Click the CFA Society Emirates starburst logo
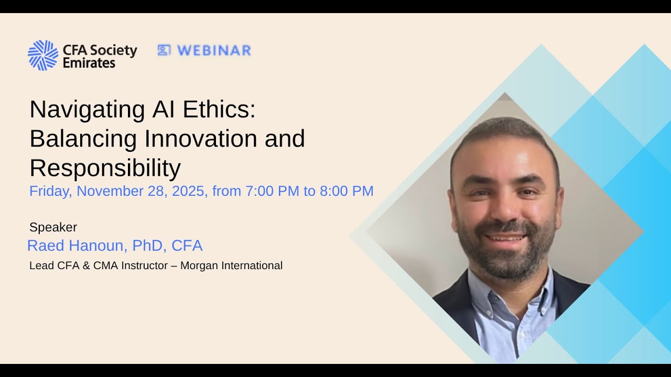[43, 55]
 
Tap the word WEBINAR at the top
[214, 50]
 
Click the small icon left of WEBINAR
[164, 50]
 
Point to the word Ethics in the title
[219, 109]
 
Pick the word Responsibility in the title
[105, 168]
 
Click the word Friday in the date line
[50, 191]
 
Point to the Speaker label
[53, 227]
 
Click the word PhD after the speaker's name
[147, 246]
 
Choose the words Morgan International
[231, 265]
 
